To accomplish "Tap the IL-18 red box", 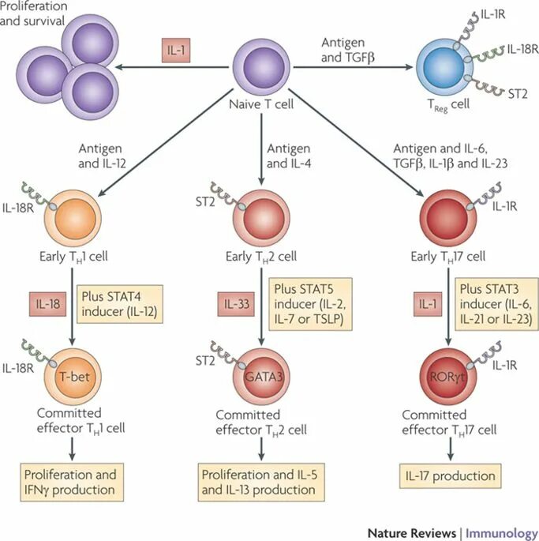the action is point(47,304).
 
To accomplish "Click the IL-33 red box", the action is point(236,304).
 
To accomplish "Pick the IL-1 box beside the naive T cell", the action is point(176,51).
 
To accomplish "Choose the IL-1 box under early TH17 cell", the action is point(428,304).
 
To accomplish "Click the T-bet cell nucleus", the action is point(75,377).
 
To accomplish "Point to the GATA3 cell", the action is point(262,377).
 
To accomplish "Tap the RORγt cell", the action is point(448,377).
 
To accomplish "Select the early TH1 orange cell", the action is point(73,218).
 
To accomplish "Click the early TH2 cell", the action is point(262,218).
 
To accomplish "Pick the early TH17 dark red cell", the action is point(448,218).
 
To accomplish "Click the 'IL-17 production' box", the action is point(450,476).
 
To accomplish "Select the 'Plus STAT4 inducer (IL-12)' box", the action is point(120,304).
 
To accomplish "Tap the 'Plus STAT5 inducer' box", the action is point(310,304).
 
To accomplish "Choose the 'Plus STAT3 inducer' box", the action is point(496,304).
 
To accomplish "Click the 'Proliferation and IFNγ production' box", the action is point(72,482).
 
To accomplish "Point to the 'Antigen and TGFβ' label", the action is point(347,50).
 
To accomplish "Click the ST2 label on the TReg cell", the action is point(518,93).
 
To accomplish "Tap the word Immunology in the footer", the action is point(502,533).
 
